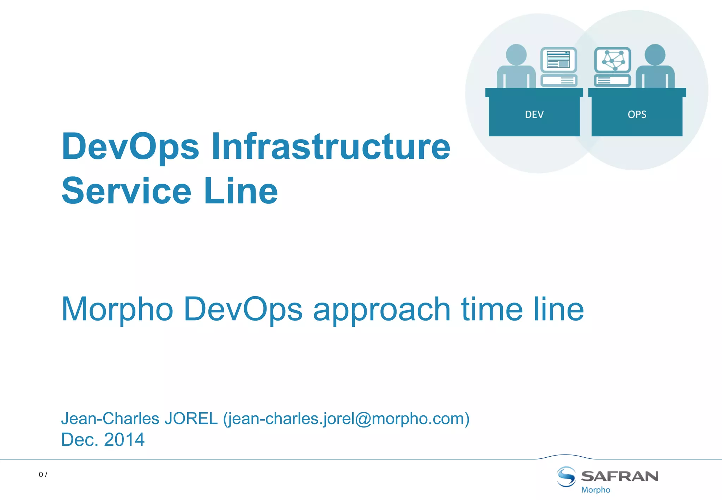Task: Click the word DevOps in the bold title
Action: pyautogui.click(x=130, y=147)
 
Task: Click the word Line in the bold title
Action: pyautogui.click(x=241, y=191)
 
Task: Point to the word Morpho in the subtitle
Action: pyautogui.click(x=117, y=310)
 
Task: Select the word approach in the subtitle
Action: pyautogui.click(x=381, y=310)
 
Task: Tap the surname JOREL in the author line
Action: pyautogui.click(x=191, y=419)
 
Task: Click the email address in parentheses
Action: pyautogui.click(x=346, y=419)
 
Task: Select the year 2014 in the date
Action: pyautogui.click(x=124, y=440)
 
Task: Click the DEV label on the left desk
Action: pyautogui.click(x=534, y=115)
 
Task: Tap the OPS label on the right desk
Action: pyautogui.click(x=637, y=115)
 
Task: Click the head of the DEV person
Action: pyautogui.click(x=516, y=55)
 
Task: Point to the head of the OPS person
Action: pyautogui.click(x=655, y=55)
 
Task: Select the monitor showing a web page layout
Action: pyautogui.click(x=558, y=60)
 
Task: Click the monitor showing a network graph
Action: pyautogui.click(x=612, y=60)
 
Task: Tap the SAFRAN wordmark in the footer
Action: pyautogui.click(x=619, y=476)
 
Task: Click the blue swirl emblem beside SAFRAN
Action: pyautogui.click(x=566, y=476)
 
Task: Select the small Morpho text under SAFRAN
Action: pyautogui.click(x=595, y=490)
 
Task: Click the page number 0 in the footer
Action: pyautogui.click(x=41, y=475)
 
